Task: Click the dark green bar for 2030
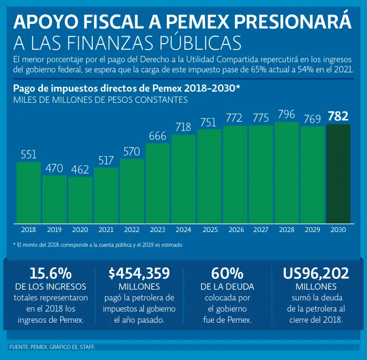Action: [338, 174]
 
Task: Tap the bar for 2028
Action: [287, 172]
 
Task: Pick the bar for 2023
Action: [158, 183]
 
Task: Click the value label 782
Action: [338, 116]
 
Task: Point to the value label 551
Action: [29, 154]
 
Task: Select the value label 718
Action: [183, 127]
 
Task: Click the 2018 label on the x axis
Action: [29, 230]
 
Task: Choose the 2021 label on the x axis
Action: [106, 230]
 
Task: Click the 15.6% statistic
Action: [51, 274]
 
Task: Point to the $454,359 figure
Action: [139, 274]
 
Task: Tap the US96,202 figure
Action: [316, 274]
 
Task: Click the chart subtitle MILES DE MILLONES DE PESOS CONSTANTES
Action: [100, 100]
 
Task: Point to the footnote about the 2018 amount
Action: [97, 244]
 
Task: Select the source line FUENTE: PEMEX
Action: [53, 347]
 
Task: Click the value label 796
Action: [287, 114]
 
